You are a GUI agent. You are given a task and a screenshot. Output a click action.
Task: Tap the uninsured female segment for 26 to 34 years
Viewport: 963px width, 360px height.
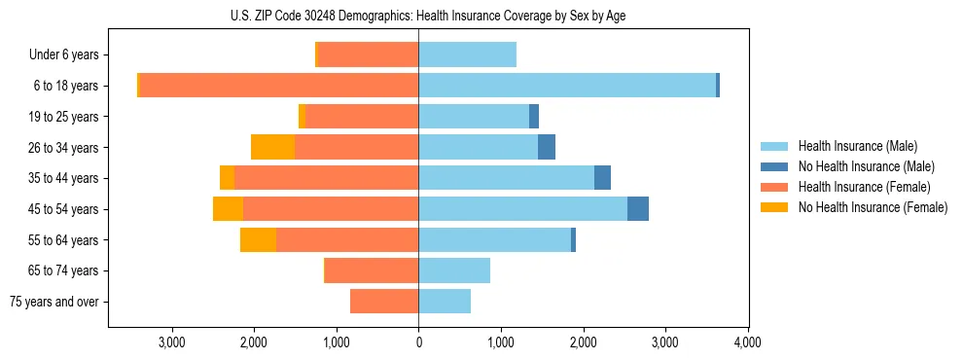272,147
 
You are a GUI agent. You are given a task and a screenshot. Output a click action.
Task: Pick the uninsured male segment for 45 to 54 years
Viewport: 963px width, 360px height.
638,209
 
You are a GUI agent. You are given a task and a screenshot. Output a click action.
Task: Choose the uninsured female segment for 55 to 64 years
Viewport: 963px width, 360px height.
258,240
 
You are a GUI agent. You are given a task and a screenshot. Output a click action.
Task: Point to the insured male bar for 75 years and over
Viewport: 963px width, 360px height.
445,302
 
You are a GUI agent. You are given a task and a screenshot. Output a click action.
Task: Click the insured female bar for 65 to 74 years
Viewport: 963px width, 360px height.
372,270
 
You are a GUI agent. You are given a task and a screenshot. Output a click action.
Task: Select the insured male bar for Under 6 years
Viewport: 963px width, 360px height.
467,54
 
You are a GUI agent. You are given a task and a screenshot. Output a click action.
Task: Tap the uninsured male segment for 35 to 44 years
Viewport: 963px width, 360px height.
602,178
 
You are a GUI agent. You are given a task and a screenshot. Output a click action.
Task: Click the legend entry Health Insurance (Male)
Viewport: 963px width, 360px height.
857,146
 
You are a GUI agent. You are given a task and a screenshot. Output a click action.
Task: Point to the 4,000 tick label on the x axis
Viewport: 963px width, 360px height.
747,342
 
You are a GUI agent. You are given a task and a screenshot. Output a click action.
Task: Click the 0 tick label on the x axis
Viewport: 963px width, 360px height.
418,342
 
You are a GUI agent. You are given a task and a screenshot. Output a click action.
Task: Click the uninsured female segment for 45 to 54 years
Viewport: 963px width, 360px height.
228,209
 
